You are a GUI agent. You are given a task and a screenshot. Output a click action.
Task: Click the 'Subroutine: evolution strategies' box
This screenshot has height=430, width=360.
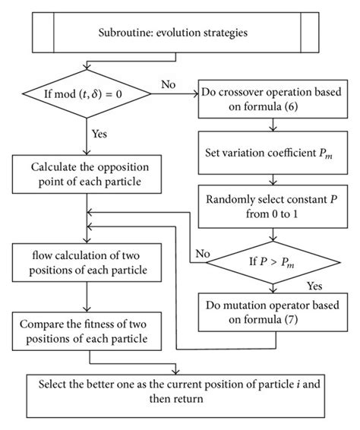179,33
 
